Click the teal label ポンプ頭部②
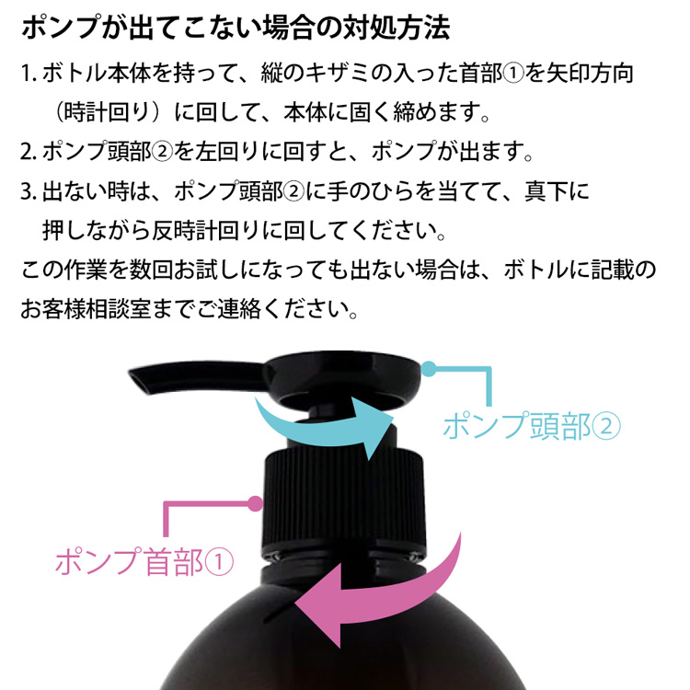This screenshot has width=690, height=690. point(533,425)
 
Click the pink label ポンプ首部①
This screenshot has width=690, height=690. point(144,561)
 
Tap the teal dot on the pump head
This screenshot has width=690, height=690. point(428,369)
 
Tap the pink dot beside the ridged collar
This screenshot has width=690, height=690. point(255,503)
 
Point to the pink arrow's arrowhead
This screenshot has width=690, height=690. point(316,606)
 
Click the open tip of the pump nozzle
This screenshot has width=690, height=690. point(136,376)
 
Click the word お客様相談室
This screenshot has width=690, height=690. point(95,307)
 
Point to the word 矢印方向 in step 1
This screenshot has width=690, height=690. point(592,73)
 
